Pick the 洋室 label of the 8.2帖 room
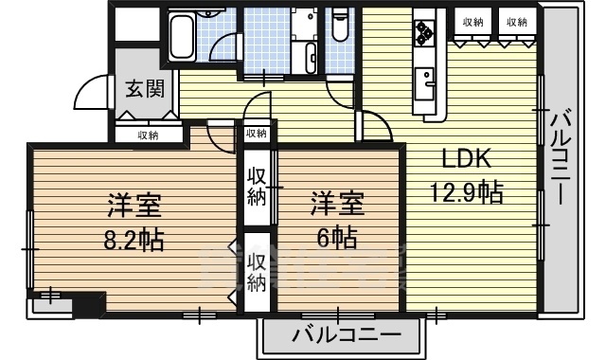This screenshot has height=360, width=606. point(132,205)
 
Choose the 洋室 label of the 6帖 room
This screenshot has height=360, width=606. point(335,204)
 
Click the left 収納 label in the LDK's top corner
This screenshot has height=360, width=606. point(473,22)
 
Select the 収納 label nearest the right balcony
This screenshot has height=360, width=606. point(515,22)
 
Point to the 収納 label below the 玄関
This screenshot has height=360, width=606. point(148,135)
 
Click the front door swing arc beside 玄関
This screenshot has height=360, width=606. point(88,91)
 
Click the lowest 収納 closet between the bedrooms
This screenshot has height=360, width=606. point(257,272)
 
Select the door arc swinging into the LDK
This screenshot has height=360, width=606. point(371,127)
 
